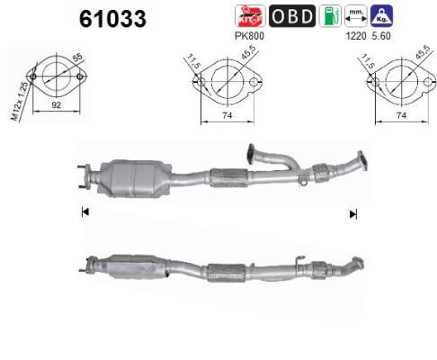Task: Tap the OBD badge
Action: pyautogui.click(x=292, y=16)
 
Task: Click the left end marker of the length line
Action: pyautogui.click(x=85, y=212)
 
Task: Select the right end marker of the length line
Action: pyautogui.click(x=353, y=213)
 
